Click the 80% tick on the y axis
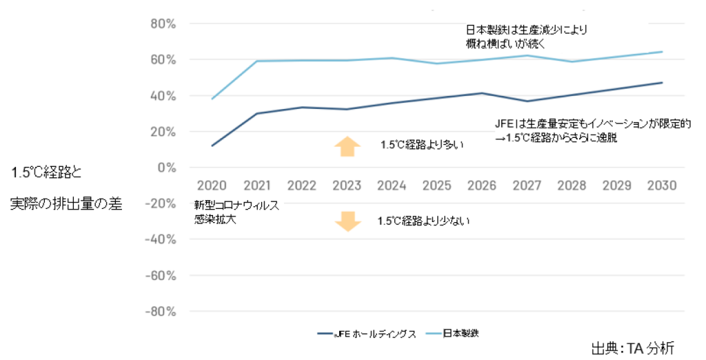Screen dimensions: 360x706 (x=162, y=23)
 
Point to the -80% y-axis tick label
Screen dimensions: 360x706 (x=159, y=311)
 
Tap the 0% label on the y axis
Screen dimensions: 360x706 (x=165, y=168)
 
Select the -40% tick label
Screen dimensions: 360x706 (x=159, y=239)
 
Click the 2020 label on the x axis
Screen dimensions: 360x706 (x=211, y=186)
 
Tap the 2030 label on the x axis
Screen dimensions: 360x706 (x=662, y=186)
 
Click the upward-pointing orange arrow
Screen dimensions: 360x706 (x=347, y=146)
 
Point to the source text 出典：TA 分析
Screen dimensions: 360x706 (x=632, y=347)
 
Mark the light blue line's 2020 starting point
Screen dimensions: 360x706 (x=212, y=99)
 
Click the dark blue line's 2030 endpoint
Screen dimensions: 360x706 (x=662, y=83)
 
